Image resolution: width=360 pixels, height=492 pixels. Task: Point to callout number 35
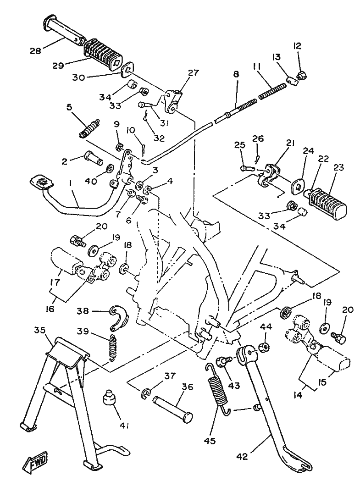tap(40, 330)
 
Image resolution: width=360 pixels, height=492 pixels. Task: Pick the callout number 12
tap(298, 45)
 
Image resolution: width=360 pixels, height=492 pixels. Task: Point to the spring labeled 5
tap(90, 128)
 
